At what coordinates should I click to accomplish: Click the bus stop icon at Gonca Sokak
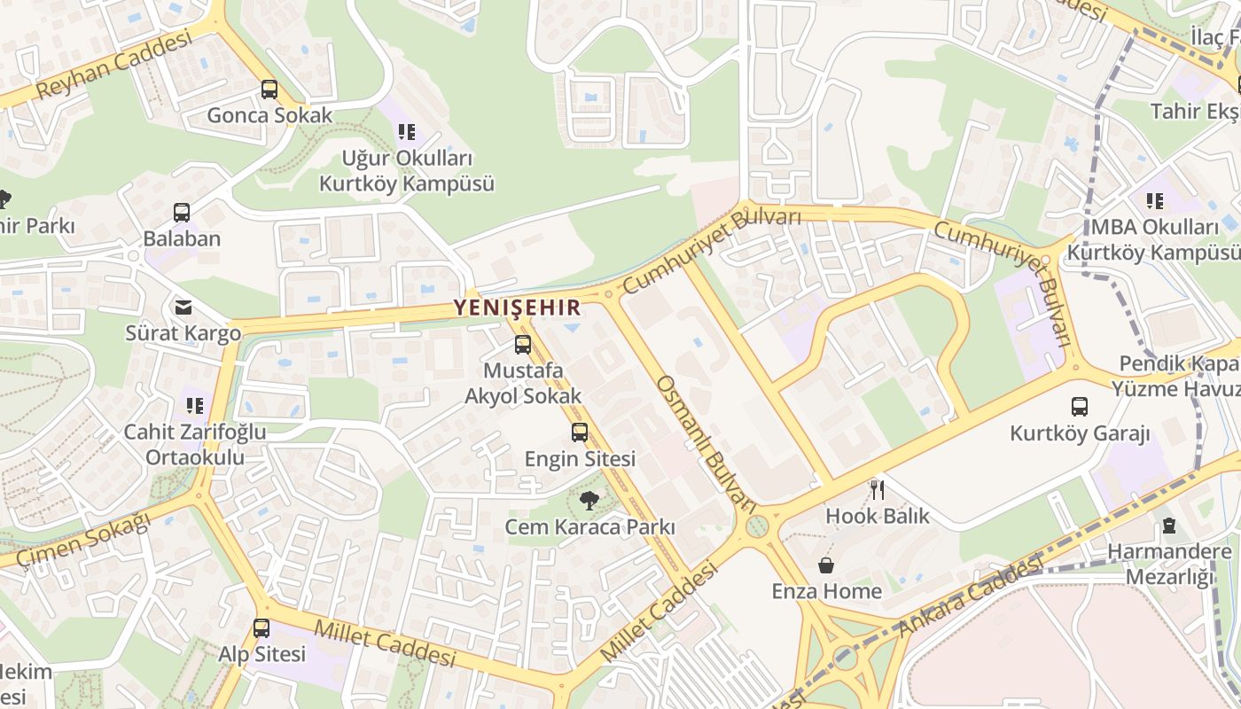pos(269,90)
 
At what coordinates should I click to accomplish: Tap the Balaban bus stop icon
pos(182,213)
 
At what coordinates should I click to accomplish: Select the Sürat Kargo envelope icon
pos(183,308)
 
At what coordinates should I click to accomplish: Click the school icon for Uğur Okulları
pos(407,133)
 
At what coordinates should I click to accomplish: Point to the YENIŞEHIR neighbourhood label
pos(518,308)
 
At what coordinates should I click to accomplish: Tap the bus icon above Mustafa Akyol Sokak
pos(523,345)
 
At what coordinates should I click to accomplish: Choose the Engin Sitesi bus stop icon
pos(580,432)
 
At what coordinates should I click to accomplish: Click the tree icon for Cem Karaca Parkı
pos(589,501)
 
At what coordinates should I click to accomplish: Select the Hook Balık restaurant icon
pos(878,489)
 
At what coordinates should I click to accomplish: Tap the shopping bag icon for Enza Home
pos(826,565)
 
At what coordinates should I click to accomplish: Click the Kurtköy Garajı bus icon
pos(1080,407)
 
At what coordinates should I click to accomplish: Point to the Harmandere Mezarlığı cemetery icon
pos(1169,526)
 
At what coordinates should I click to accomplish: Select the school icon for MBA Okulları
pos(1154,201)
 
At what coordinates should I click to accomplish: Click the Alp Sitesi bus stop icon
pos(261,627)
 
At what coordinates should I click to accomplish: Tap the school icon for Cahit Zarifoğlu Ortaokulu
pos(194,406)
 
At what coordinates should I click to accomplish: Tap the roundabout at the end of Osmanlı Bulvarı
pos(757,527)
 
